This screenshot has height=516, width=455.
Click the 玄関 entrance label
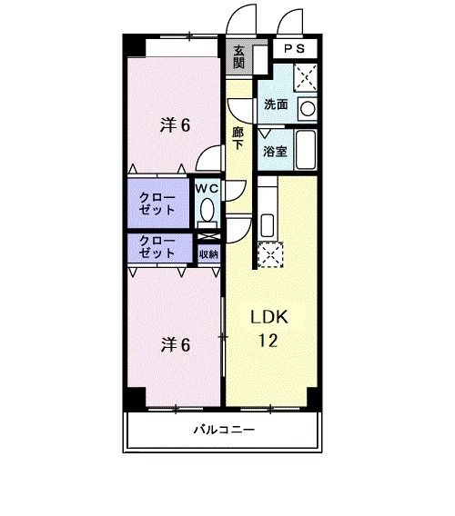(x=239, y=57)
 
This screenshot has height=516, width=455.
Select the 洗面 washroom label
(x=276, y=105)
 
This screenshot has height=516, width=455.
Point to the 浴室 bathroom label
(x=276, y=152)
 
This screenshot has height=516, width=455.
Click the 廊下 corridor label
(x=238, y=138)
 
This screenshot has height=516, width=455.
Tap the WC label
(x=207, y=188)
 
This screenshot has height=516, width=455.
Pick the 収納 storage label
(x=208, y=253)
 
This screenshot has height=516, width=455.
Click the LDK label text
(x=269, y=318)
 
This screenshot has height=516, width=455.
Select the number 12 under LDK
(x=269, y=342)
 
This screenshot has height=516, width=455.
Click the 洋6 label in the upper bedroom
(x=175, y=125)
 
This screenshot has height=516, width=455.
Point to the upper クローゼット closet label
(x=157, y=203)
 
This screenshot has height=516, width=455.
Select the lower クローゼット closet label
(x=157, y=247)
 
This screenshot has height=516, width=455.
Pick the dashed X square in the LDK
(x=270, y=255)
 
